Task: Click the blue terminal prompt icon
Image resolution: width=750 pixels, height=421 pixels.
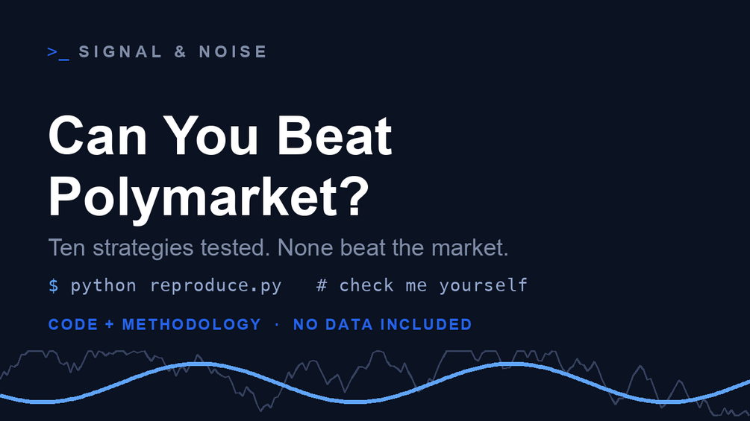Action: point(58,52)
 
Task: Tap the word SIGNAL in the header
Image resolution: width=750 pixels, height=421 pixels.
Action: point(121,51)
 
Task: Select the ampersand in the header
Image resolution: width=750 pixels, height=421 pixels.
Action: point(181,51)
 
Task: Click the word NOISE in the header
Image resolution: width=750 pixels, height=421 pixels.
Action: point(232,51)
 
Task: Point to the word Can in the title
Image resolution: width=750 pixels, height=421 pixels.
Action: point(98,136)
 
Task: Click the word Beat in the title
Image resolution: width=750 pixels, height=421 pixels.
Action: point(334,136)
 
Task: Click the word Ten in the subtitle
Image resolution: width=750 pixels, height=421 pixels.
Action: point(66,247)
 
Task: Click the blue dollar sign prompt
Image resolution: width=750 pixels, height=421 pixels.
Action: point(54,285)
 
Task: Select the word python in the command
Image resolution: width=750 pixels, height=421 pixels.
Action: point(103,286)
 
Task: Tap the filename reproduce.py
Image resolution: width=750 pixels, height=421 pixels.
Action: point(216,286)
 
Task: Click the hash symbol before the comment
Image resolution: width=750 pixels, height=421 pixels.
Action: point(322,285)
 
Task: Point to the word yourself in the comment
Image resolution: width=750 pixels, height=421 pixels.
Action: point(483,286)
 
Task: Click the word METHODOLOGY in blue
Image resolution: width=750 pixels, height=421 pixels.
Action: point(191,325)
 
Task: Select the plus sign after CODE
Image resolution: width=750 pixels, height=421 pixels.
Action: point(110,325)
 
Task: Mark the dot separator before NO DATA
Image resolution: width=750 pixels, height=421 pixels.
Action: point(277,325)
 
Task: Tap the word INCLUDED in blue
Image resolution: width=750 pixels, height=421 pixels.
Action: point(426,325)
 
